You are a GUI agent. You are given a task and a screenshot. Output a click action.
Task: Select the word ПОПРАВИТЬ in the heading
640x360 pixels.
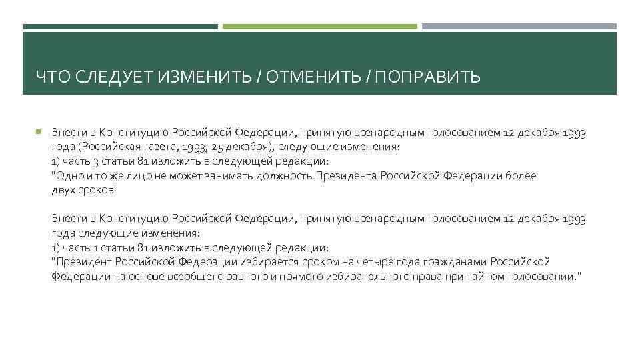427,79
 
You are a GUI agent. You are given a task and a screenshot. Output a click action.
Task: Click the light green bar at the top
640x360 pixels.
320,27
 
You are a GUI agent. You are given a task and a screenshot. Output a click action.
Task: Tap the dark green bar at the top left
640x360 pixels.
121,27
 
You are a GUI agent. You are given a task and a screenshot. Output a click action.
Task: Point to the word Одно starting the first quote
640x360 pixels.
67,175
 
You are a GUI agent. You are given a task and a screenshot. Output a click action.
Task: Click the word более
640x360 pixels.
523,175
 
